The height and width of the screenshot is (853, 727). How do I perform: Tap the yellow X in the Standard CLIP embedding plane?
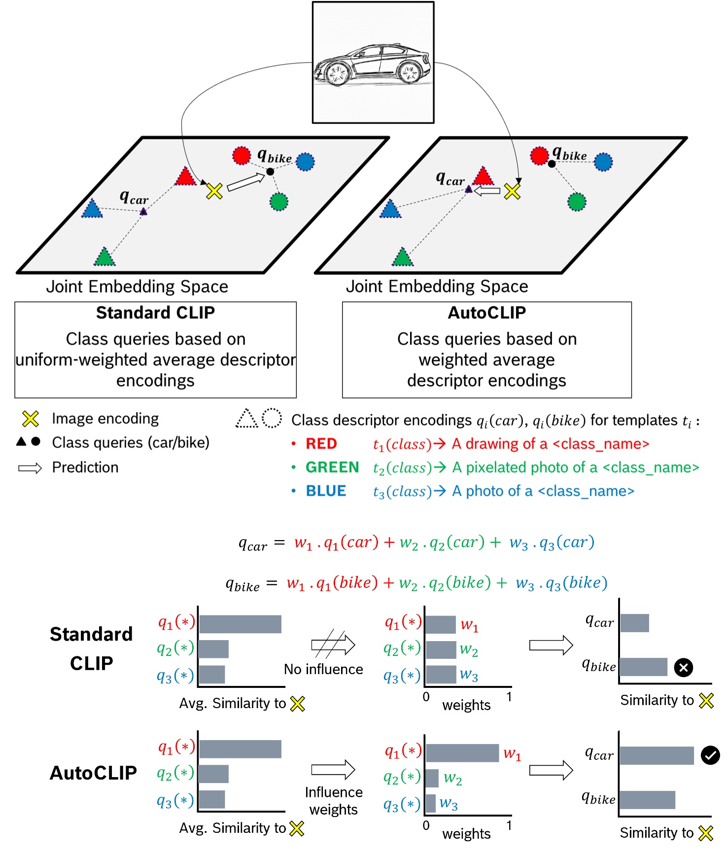pyautogui.click(x=214, y=191)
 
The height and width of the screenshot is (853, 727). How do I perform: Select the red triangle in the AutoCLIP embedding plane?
pyautogui.click(x=483, y=176)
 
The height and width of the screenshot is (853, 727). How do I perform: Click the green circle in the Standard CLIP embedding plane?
pyautogui.click(x=279, y=202)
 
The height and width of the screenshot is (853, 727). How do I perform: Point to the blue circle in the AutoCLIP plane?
pyautogui.click(x=603, y=162)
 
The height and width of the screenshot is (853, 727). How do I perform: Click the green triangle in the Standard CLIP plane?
pyautogui.click(x=104, y=257)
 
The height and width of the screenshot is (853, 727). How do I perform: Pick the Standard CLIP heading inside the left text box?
pyautogui.click(x=155, y=313)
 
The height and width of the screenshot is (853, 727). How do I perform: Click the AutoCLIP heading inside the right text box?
pyautogui.click(x=486, y=313)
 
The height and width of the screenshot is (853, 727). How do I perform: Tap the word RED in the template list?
pyautogui.click(x=321, y=444)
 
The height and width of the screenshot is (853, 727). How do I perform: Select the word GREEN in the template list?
pyautogui.click(x=332, y=467)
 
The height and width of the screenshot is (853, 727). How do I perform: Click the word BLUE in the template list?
pyautogui.click(x=326, y=491)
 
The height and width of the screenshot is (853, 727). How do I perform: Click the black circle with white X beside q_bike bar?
pyautogui.click(x=683, y=668)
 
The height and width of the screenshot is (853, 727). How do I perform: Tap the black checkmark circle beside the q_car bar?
pyautogui.click(x=710, y=755)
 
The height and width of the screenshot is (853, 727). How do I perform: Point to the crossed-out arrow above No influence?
pyautogui.click(x=333, y=644)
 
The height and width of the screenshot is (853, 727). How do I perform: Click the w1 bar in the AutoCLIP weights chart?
pyautogui.click(x=462, y=753)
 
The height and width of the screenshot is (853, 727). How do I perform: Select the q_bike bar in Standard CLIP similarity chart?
pyautogui.click(x=643, y=667)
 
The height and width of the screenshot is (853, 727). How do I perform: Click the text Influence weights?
pyautogui.click(x=333, y=801)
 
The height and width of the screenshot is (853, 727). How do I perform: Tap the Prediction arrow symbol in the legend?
pyautogui.click(x=30, y=468)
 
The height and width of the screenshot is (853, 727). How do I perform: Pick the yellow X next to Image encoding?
pyautogui.click(x=31, y=419)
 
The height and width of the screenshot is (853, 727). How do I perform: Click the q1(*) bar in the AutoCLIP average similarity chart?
pyautogui.click(x=240, y=749)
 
